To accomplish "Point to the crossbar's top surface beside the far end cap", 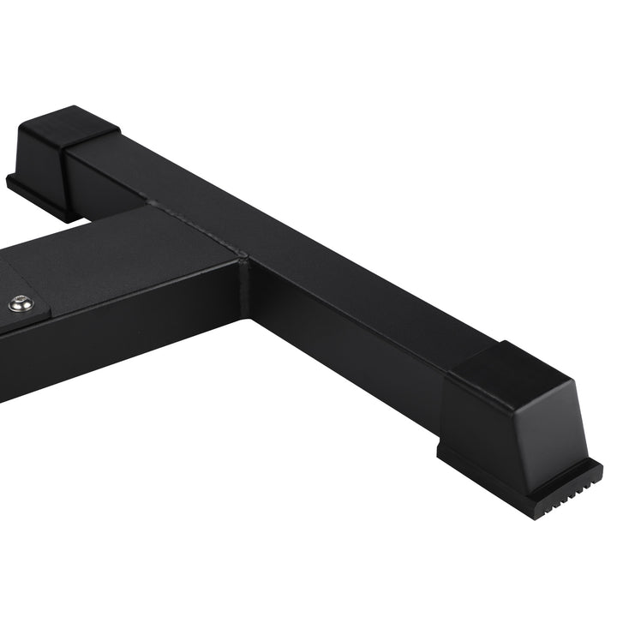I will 146,167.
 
